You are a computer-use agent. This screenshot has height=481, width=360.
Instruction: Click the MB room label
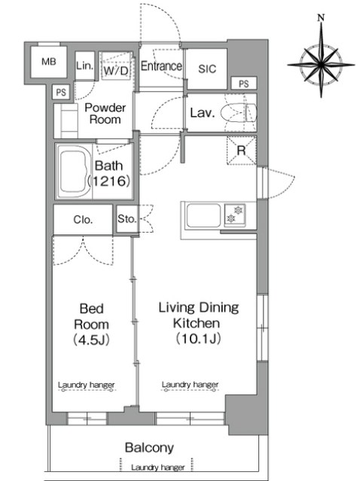click(49, 62)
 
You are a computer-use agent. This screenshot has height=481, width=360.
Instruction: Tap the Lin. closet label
click(84, 65)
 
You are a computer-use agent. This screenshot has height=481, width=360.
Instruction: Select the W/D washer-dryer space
click(116, 66)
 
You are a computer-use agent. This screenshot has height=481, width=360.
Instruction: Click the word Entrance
click(161, 66)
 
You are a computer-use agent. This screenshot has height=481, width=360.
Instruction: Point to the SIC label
click(207, 68)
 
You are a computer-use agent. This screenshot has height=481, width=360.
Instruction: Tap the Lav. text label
click(202, 113)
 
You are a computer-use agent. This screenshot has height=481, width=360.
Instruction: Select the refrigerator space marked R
click(242, 151)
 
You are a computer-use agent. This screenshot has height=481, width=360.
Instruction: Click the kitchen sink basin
click(203, 215)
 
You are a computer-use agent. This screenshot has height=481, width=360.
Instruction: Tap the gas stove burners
click(235, 215)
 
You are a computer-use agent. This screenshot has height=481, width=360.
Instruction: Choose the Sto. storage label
click(127, 219)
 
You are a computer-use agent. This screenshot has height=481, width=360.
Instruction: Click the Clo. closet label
click(83, 220)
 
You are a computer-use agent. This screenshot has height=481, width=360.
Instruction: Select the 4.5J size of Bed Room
click(91, 340)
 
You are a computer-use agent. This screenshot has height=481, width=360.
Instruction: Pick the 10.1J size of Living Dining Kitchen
click(199, 339)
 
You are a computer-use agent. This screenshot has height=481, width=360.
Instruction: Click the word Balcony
click(149, 448)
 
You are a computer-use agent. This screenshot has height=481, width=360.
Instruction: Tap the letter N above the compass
click(321, 18)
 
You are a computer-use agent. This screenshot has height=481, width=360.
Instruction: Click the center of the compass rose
click(321, 65)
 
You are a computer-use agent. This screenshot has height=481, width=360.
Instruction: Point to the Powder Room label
click(105, 114)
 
